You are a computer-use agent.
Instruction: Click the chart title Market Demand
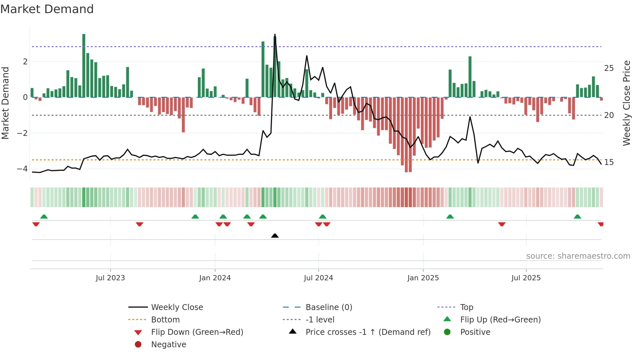pyautogui.click(x=47, y=9)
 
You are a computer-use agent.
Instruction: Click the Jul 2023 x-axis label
pyautogui.click(x=110, y=278)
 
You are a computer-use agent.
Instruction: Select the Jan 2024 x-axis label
pyautogui.click(x=215, y=278)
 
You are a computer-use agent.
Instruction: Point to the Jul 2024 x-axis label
pyautogui.click(x=318, y=278)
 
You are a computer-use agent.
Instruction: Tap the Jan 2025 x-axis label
pyautogui.click(x=423, y=278)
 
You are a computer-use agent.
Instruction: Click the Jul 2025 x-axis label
pyautogui.click(x=526, y=278)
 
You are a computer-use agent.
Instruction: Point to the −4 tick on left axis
pyautogui.click(x=22, y=169)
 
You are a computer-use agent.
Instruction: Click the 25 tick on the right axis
pyautogui.click(x=609, y=68)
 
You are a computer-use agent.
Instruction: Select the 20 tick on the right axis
pyautogui.click(x=609, y=115)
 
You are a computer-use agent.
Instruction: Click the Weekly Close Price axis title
pyautogui.click(x=626, y=103)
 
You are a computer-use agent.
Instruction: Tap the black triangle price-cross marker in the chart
pyautogui.click(x=275, y=236)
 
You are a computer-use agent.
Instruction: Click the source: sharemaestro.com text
pyautogui.click(x=578, y=256)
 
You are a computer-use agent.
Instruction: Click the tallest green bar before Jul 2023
pyautogui.click(x=84, y=65)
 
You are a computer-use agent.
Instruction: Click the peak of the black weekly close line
pyautogui.click(x=275, y=35)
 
